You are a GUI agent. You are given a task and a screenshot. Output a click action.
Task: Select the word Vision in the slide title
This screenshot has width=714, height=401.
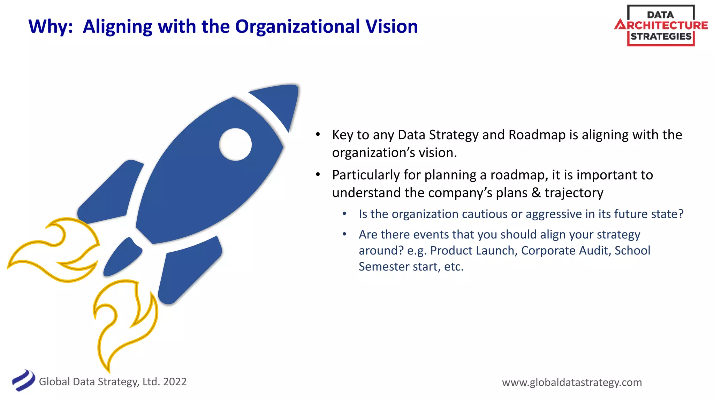392,27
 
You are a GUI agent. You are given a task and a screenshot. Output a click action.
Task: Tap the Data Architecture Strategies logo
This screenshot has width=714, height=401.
661,25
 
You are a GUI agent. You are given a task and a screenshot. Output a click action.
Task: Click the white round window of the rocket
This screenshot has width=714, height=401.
235,144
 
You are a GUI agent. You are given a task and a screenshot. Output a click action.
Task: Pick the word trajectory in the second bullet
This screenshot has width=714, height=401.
574,193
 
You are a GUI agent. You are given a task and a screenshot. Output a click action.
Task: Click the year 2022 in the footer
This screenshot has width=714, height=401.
175,382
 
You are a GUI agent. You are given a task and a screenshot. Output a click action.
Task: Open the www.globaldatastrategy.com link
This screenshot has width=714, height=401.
572,383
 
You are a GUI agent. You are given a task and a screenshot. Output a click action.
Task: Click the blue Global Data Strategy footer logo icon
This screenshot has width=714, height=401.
23,380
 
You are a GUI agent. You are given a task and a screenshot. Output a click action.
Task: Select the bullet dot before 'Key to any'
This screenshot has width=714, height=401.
318,135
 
